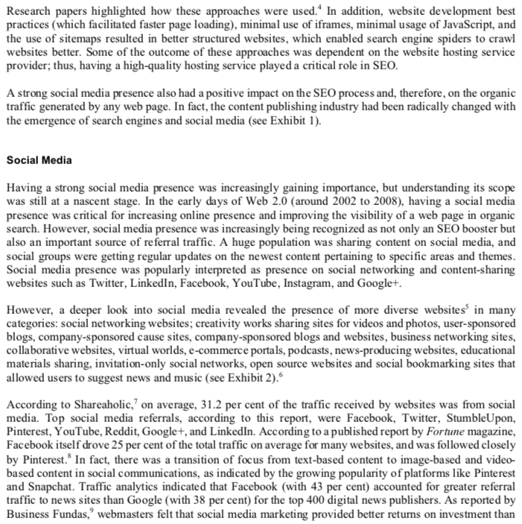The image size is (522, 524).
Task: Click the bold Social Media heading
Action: (39, 160)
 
